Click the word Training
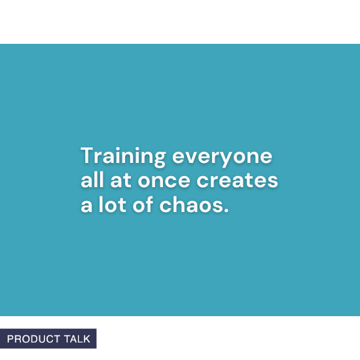tap(122, 157)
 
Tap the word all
tap(91, 181)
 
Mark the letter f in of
tap(150, 205)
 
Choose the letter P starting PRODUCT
tap(10, 339)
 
